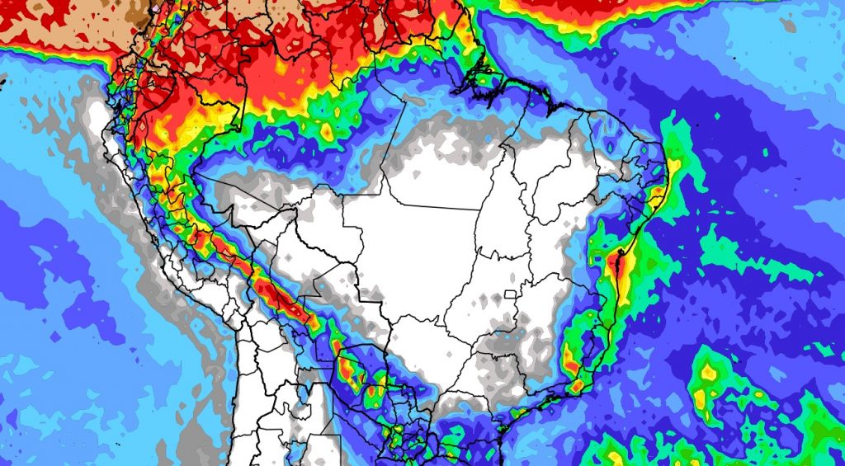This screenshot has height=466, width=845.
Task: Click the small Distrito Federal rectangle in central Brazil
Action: [x=512, y=294]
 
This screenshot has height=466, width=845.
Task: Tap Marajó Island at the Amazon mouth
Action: [x=481, y=80]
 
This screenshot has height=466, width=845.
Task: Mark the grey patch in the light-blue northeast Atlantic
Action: [x=787, y=25]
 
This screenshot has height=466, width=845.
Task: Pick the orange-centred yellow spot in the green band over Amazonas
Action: [x=327, y=130]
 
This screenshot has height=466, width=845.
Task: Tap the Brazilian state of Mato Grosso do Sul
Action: [x=421, y=330]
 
